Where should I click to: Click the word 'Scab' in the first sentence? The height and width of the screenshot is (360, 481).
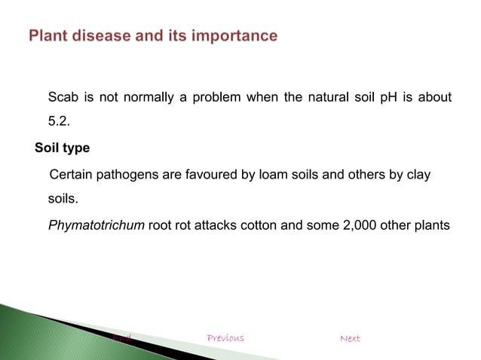pyautogui.click(x=63, y=97)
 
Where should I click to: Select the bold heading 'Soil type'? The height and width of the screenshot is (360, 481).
pyautogui.click(x=63, y=148)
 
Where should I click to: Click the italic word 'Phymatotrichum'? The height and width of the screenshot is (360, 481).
pyautogui.click(x=97, y=225)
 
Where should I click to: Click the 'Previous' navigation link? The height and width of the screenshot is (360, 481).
pyautogui.click(x=225, y=338)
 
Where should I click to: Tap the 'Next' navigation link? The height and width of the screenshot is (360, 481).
pyautogui.click(x=350, y=338)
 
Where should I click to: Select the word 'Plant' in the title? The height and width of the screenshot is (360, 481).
pyautogui.click(x=51, y=35)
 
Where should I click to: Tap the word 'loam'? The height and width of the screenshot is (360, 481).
pyautogui.click(x=274, y=175)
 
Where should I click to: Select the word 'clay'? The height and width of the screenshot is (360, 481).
pyautogui.click(x=418, y=175)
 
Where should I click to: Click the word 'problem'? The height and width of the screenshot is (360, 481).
pyautogui.click(x=218, y=97)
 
